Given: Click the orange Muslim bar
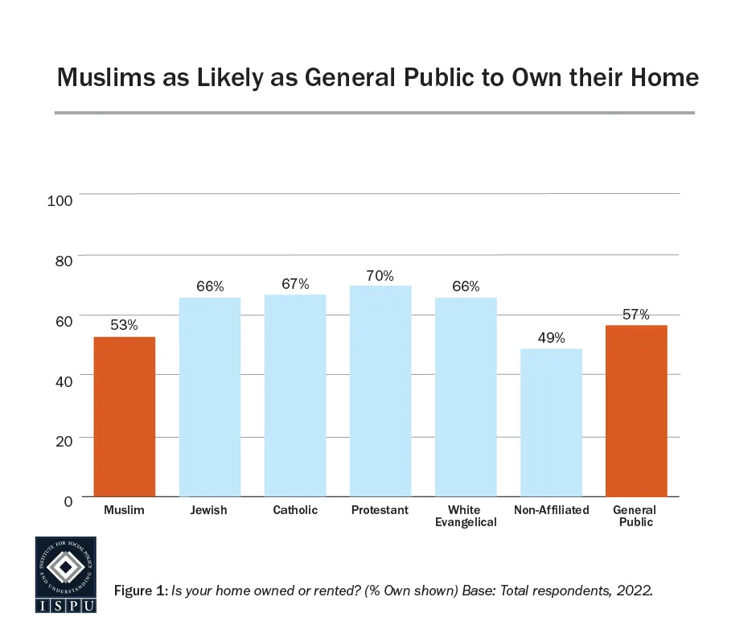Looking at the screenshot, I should (124, 417).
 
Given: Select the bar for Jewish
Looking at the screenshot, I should (209, 397).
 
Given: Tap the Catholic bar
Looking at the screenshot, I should (295, 396).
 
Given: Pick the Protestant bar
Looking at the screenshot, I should (380, 391).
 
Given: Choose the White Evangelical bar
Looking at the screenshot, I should (466, 397).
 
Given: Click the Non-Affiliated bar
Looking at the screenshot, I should (551, 422).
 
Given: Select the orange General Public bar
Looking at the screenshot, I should (636, 411).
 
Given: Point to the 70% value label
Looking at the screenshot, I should (380, 276).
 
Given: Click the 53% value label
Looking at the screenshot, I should (124, 326).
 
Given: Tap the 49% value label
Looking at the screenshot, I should (551, 338).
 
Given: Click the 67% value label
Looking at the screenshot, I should (295, 285).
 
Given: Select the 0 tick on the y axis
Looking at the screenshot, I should (68, 501).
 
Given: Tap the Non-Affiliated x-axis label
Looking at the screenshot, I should (551, 510).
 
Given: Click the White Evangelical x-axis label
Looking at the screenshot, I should (465, 516).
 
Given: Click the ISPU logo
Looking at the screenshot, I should (65, 574).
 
